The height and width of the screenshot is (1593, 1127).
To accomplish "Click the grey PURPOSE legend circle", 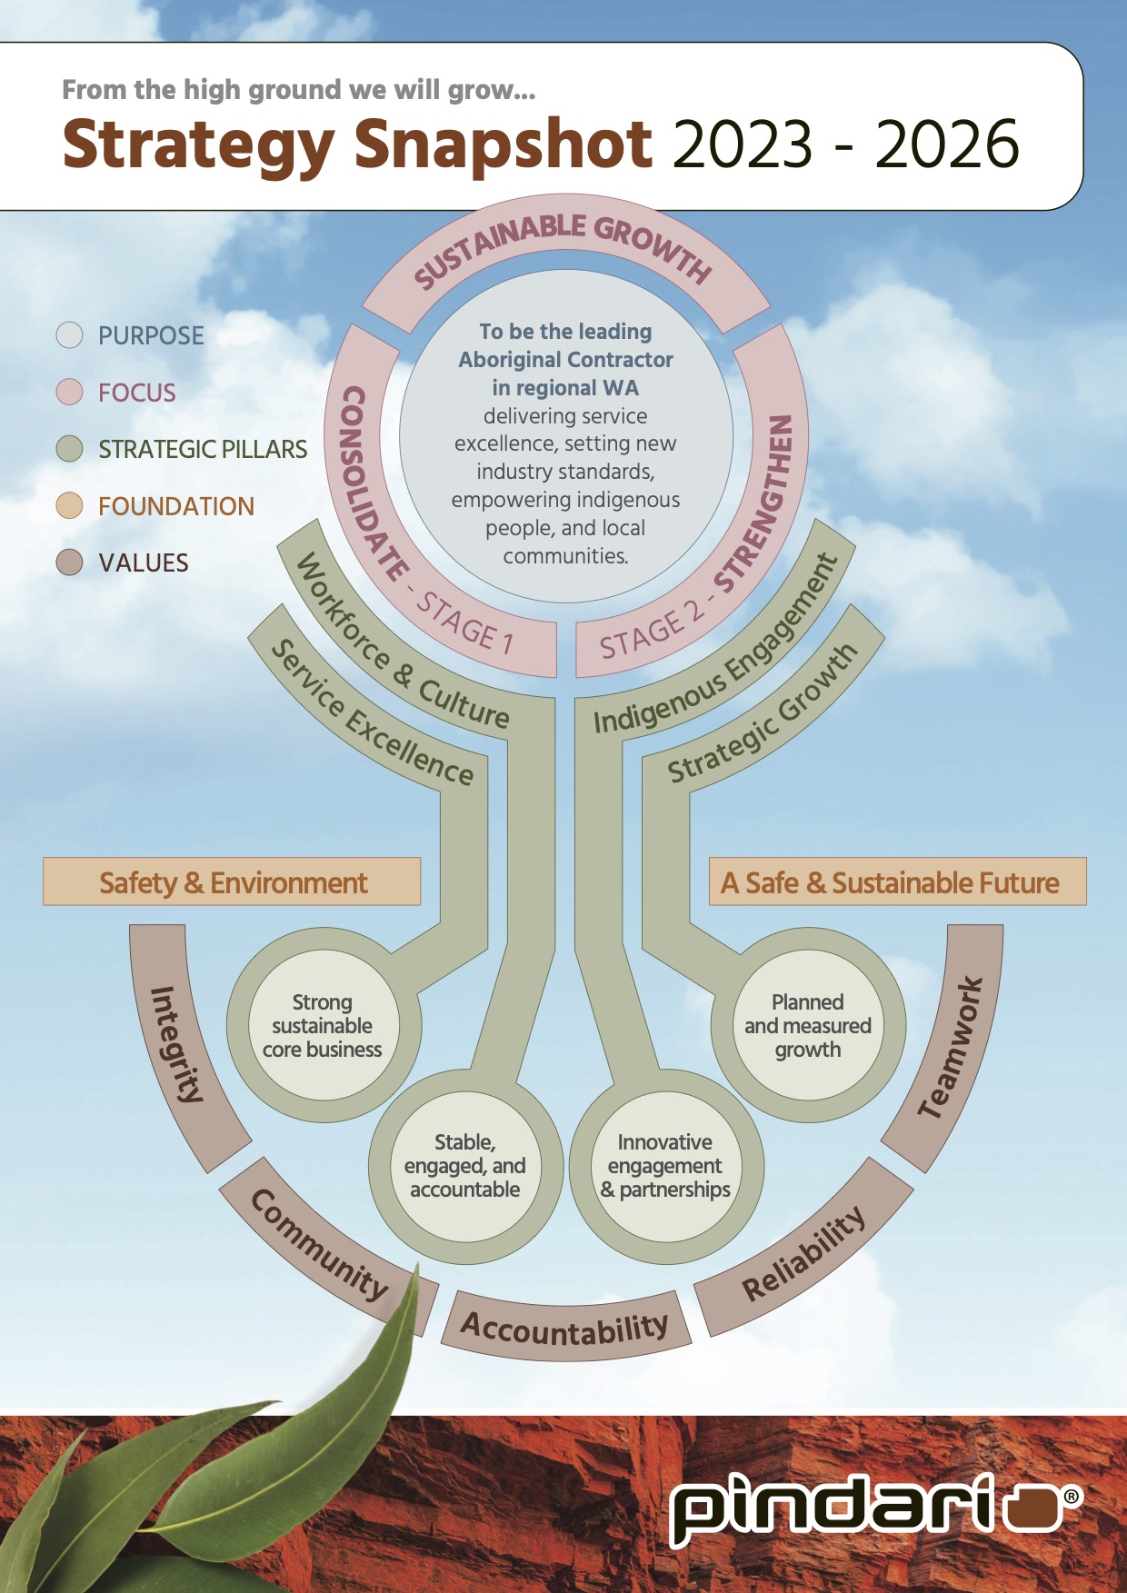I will (x=70, y=335).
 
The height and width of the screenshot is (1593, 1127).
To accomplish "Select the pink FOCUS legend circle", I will (x=70, y=392).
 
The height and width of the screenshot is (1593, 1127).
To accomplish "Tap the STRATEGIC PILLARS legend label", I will (x=203, y=449).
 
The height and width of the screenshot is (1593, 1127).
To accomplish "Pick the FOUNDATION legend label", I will (x=176, y=506).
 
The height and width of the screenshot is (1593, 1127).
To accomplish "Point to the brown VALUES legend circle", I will (x=70, y=563).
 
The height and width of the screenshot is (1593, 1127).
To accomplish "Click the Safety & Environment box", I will (x=232, y=881).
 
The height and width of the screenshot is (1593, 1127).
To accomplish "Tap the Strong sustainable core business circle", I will (x=323, y=1026).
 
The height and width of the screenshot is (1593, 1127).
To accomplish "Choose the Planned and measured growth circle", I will (x=807, y=1026).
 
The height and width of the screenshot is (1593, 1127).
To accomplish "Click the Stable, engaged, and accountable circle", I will (x=464, y=1166).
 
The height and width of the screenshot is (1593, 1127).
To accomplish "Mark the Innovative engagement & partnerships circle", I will (x=665, y=1166).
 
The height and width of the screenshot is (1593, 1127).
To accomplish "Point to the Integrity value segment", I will (x=177, y=1045).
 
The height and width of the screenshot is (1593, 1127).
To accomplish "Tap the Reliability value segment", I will (x=803, y=1254).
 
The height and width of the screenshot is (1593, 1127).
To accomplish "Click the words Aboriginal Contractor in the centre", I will (x=565, y=360).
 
